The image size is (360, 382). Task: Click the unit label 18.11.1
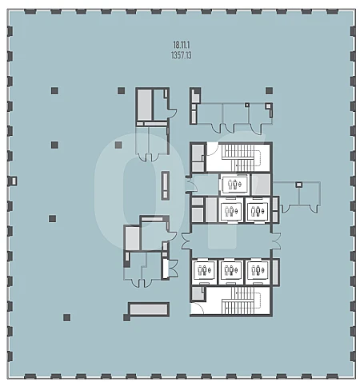coord(181,45)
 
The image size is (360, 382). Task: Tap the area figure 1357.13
coord(181,55)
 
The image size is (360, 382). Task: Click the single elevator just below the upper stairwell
coord(234,184)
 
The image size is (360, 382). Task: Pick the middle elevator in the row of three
coord(230,270)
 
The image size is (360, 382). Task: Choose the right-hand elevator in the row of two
coord(258,211)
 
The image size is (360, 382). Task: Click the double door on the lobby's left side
coord(186,241)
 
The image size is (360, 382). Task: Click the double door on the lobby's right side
coord(275,241)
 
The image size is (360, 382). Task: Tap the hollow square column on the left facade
coord(14,181)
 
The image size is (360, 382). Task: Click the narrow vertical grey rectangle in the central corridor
coord(166,185)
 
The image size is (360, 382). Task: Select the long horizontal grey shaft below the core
coord(149,309)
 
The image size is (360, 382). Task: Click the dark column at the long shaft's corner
coord(126,317)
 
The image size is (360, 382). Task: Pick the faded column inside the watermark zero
coord(118,145)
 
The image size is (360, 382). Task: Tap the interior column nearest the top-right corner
coord(269,91)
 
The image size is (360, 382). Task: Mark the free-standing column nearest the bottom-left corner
coord(66,317)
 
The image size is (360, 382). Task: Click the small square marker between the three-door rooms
coord(247,105)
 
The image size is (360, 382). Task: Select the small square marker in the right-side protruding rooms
coord(299,185)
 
